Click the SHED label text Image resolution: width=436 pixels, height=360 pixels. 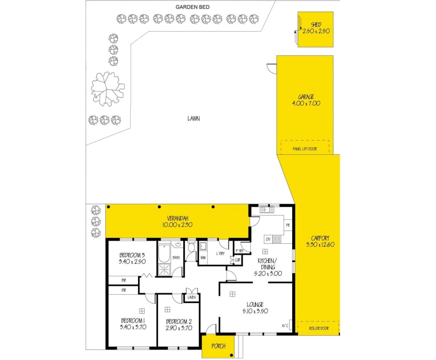point(315,25)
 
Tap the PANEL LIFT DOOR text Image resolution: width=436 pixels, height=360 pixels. point(305,149)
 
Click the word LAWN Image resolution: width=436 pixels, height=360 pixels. point(193,118)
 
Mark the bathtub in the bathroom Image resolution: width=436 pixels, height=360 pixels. point(164,253)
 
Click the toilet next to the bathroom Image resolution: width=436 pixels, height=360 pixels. point(191,247)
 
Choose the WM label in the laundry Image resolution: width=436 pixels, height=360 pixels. point(203,257)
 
